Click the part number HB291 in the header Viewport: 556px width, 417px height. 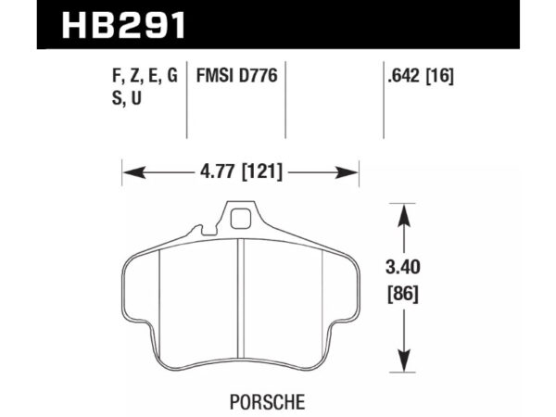pyautogui.click(x=124, y=23)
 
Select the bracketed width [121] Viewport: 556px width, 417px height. pyautogui.click(x=264, y=171)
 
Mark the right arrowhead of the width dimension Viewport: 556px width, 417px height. pyautogui.click(x=351, y=171)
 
